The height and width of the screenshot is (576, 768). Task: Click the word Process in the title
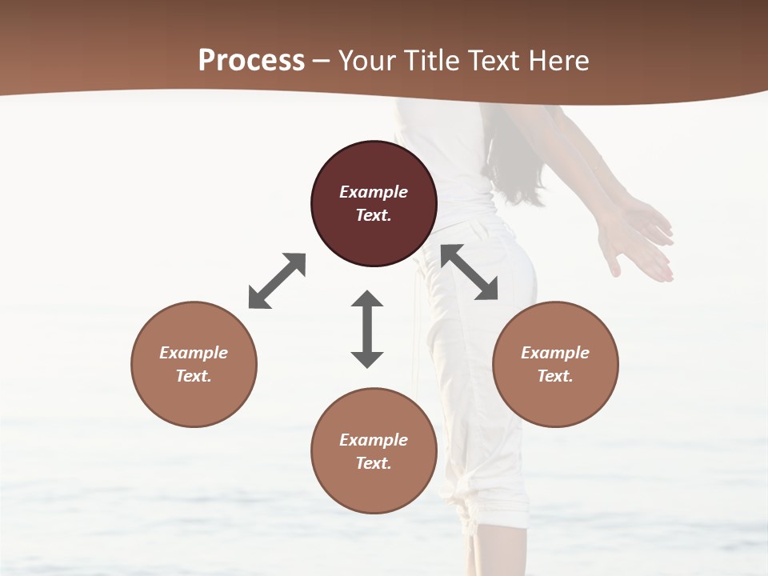click(251, 61)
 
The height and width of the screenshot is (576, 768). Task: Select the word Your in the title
click(367, 61)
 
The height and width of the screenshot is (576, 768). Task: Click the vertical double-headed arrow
click(367, 329)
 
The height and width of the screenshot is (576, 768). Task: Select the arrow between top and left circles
click(277, 281)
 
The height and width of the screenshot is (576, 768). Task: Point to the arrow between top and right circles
click(470, 272)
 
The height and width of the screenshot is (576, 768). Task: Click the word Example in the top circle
click(374, 192)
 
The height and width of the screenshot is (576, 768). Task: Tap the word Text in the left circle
click(194, 376)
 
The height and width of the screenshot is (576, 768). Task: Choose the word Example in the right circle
click(555, 353)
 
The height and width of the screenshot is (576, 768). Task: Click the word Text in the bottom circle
click(374, 463)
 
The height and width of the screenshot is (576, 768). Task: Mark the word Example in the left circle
click(194, 353)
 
